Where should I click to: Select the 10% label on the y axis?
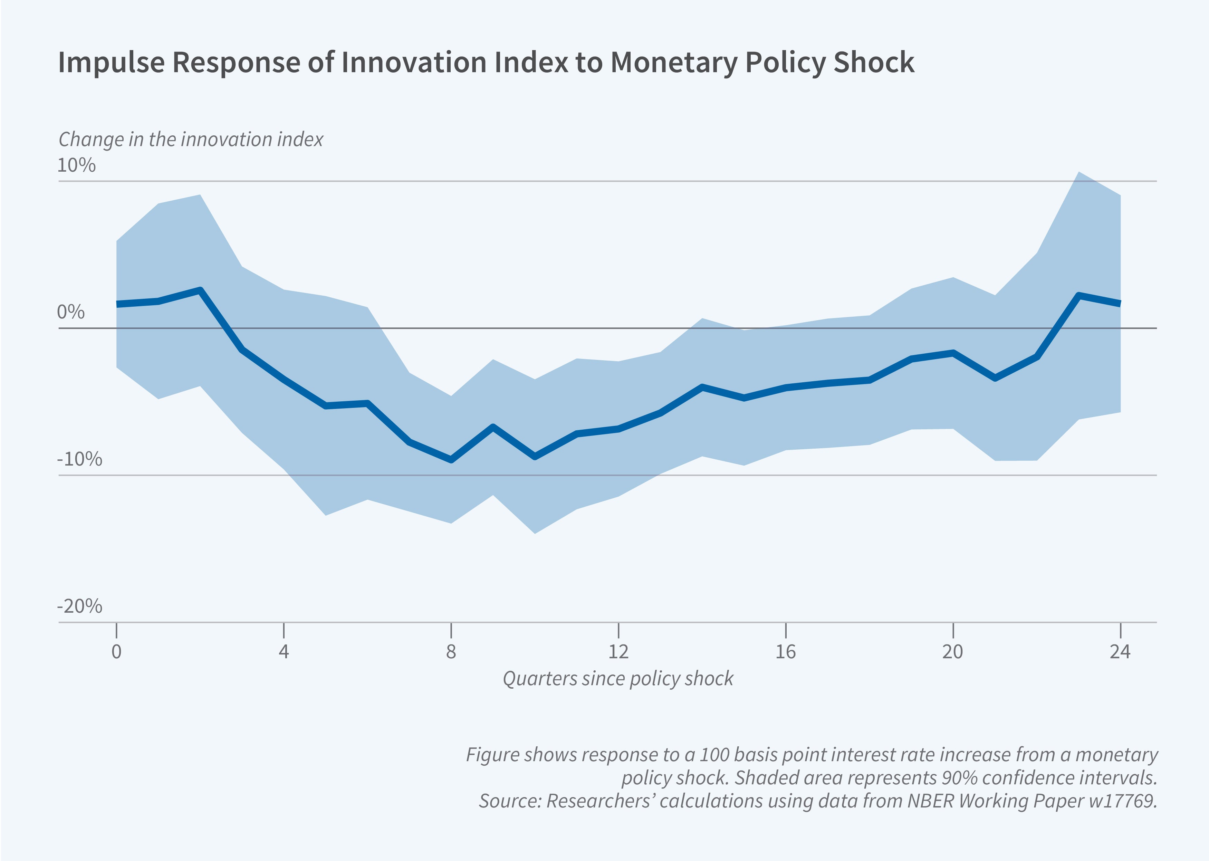(x=76, y=165)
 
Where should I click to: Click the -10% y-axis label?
(x=79, y=459)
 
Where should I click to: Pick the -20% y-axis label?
(x=79, y=606)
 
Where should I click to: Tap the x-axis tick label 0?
(x=117, y=652)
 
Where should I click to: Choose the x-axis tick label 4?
(x=284, y=652)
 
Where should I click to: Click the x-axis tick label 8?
(x=451, y=652)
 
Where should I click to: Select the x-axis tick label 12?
(x=618, y=652)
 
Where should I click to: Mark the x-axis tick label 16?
(x=786, y=652)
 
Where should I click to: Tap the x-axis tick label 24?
(x=1120, y=652)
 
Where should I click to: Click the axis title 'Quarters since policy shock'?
(x=618, y=679)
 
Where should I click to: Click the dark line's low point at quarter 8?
(x=451, y=460)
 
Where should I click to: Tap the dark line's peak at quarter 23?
(x=1078, y=295)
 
